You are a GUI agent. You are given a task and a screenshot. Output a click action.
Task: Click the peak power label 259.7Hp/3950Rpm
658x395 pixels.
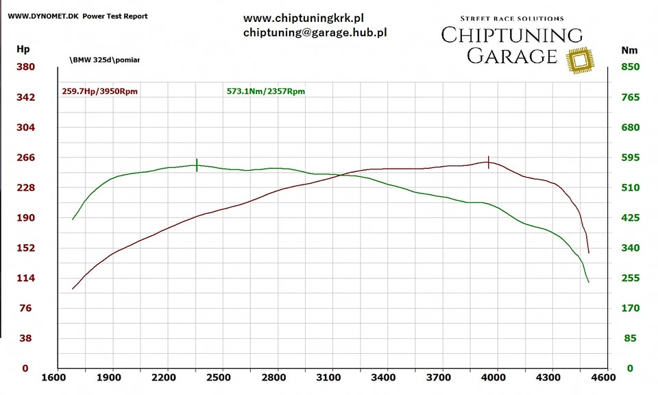pos(99,91)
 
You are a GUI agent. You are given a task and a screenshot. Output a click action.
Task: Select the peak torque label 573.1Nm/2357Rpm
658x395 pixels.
pos(265,91)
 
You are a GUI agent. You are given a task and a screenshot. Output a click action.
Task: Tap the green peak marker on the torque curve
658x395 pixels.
pos(197,165)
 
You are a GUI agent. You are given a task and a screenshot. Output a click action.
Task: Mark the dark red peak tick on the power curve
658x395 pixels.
pos(488,162)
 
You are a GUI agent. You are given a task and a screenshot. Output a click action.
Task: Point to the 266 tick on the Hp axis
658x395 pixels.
pos(25,158)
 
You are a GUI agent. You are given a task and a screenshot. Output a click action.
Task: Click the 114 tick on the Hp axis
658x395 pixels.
pos(25,278)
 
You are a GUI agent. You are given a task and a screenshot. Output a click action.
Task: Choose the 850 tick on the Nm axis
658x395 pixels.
pos(630,67)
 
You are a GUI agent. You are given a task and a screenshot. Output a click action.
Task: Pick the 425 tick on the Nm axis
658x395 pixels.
pos(630,218)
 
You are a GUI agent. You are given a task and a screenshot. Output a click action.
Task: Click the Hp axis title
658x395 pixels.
pos(23,49)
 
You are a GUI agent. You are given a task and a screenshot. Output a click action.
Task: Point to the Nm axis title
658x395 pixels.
pos(629,50)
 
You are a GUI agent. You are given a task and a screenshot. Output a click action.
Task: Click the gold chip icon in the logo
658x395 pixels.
pos(581,60)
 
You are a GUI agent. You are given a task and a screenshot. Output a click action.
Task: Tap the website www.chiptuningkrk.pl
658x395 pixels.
pos(303,18)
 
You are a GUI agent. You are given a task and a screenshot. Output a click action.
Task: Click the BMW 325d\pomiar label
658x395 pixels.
pos(104,60)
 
